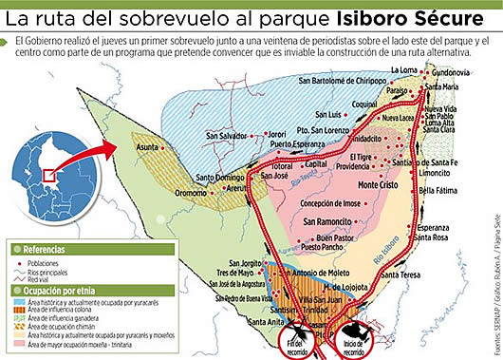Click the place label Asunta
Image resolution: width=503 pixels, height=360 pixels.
pos(146,149)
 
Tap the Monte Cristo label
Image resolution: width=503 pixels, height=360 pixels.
pos(377,185)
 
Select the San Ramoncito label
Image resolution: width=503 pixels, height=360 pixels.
pos(328,221)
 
